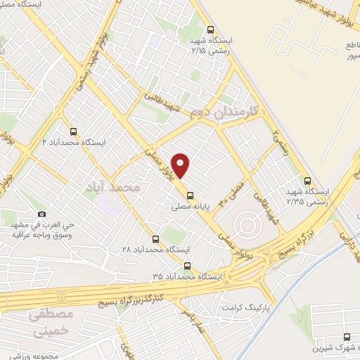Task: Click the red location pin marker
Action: click(181, 166)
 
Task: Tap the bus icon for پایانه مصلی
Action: click(189, 196)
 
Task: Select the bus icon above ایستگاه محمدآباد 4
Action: click(74, 131)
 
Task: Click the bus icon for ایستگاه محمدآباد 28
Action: click(155, 238)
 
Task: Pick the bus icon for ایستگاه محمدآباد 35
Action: click(187, 266)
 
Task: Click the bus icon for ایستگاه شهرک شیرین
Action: click(347, 338)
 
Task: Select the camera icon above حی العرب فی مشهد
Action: click(41, 214)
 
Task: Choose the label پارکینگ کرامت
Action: click(247, 308)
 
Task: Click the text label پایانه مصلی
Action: click(190, 207)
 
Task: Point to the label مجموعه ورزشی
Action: click(42, 354)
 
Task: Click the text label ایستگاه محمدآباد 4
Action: click(74, 142)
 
